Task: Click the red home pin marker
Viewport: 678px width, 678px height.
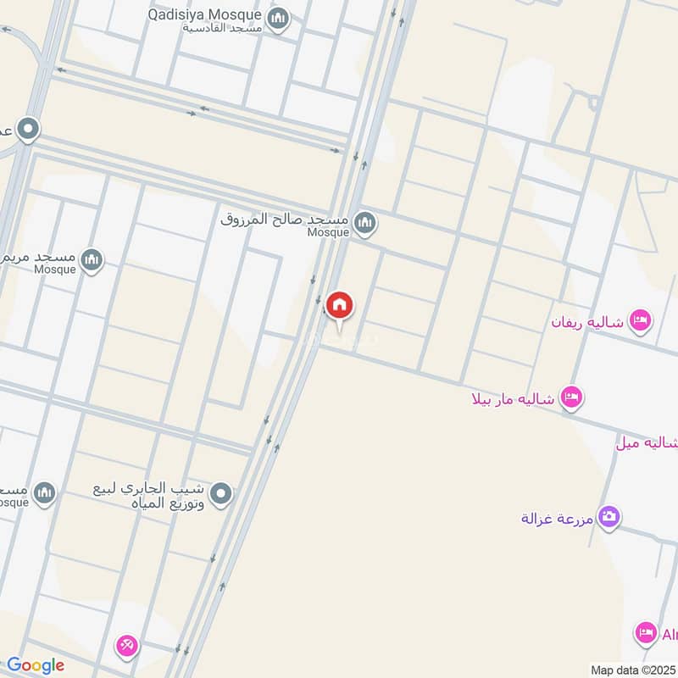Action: pyautogui.click(x=340, y=305)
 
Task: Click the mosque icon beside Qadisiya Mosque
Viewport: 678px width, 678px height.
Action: pyautogui.click(x=278, y=17)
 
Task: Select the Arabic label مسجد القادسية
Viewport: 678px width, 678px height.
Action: pyautogui.click(x=222, y=28)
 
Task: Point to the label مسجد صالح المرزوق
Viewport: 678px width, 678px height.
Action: pyautogui.click(x=284, y=219)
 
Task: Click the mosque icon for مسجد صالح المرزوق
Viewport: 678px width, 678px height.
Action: pyautogui.click(x=365, y=224)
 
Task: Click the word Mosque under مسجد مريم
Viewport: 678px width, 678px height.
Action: pyautogui.click(x=55, y=270)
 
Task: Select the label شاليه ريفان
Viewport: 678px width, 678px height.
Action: pyautogui.click(x=587, y=323)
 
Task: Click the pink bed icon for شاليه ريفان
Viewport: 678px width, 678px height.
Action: pyautogui.click(x=642, y=320)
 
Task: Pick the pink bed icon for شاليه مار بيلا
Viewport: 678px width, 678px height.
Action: pyautogui.click(x=572, y=397)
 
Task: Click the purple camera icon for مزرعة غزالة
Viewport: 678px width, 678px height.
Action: pyautogui.click(x=609, y=515)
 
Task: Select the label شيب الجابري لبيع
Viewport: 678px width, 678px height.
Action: pyautogui.click(x=155, y=489)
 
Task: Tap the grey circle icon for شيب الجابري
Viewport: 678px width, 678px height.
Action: pyautogui.click(x=221, y=493)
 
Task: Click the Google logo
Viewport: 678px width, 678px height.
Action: pyautogui.click(x=36, y=665)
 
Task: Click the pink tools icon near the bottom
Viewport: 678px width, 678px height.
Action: pyautogui.click(x=127, y=646)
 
